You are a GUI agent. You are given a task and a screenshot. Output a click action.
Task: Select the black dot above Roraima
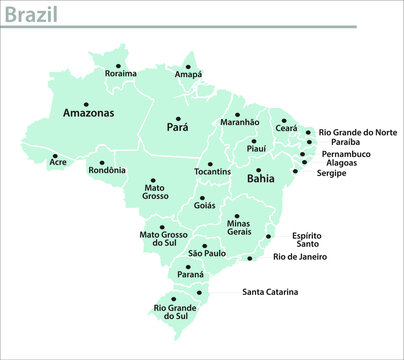pyautogui.click(x=120, y=63)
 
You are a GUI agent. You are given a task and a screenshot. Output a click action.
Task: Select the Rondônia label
pyautogui.click(x=108, y=170)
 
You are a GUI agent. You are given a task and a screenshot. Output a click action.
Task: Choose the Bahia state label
pyautogui.click(x=260, y=180)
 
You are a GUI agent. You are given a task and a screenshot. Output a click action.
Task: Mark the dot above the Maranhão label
pyautogui.click(x=238, y=113)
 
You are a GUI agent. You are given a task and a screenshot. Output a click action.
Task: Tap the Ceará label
pyautogui.click(x=287, y=129)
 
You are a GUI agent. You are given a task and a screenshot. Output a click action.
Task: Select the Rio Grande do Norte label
pyautogui.click(x=358, y=131)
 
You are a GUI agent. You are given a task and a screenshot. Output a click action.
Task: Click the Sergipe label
pyautogui.click(x=332, y=174)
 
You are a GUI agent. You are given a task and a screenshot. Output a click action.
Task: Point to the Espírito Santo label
pyautogui.click(x=306, y=240)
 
